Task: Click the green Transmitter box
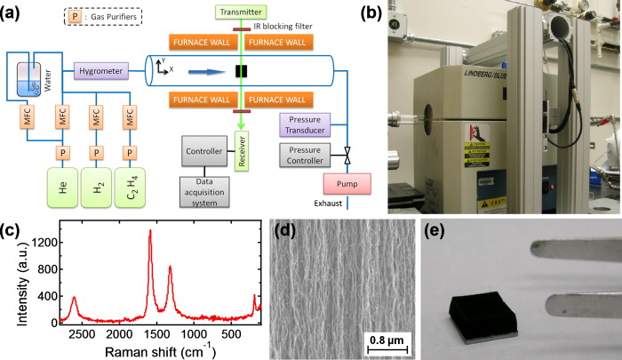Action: (x=241, y=11)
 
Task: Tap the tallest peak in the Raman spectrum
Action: (x=150, y=231)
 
